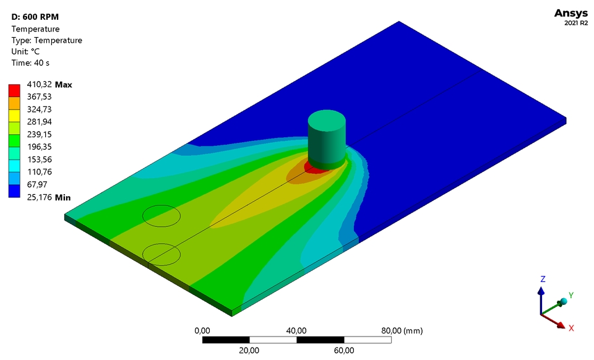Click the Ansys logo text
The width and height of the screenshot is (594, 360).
point(571,13)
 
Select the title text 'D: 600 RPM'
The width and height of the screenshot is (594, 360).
point(35,17)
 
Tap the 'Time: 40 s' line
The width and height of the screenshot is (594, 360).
point(30,63)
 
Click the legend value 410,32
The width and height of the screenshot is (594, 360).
point(39,84)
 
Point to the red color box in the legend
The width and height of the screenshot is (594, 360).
point(14,90)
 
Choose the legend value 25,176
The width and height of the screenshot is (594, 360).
point(39,197)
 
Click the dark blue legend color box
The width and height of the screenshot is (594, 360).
point(14,191)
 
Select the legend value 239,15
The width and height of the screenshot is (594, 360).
point(39,134)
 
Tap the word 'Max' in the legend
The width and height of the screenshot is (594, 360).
point(63,85)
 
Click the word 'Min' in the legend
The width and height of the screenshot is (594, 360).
point(62,197)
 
